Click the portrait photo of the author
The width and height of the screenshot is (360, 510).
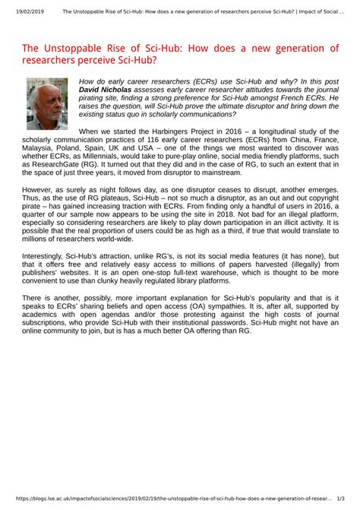point(47,103)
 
